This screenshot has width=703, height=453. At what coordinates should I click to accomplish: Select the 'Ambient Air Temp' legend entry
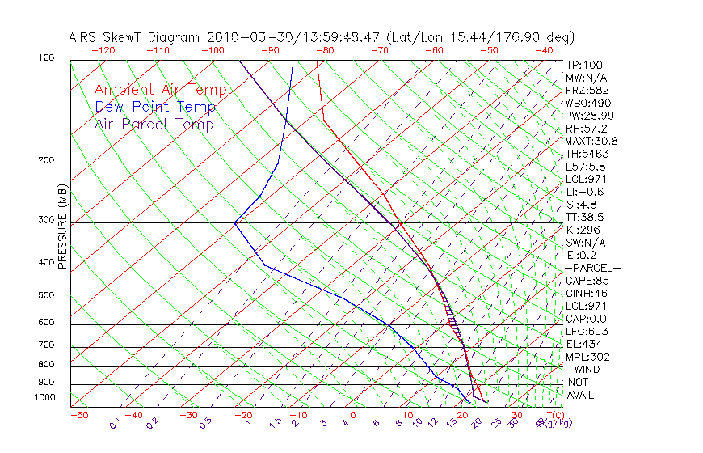[160, 90]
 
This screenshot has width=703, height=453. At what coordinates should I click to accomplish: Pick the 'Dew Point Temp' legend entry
[155, 107]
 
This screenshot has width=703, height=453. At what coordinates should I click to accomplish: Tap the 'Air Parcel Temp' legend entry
[154, 124]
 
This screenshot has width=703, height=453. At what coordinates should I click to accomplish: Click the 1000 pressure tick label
[46, 397]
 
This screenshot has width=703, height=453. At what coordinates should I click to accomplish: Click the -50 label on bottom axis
[78, 415]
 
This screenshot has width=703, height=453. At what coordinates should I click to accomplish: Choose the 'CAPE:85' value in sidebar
[586, 281]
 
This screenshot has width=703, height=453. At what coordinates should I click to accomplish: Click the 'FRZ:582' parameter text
[587, 90]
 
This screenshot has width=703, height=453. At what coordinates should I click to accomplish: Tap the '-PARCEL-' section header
[592, 268]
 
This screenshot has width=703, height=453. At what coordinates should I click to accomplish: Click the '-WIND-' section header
[587, 369]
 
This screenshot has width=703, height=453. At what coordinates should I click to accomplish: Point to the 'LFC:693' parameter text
[586, 331]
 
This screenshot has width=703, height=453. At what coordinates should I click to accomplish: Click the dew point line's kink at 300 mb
[234, 222]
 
